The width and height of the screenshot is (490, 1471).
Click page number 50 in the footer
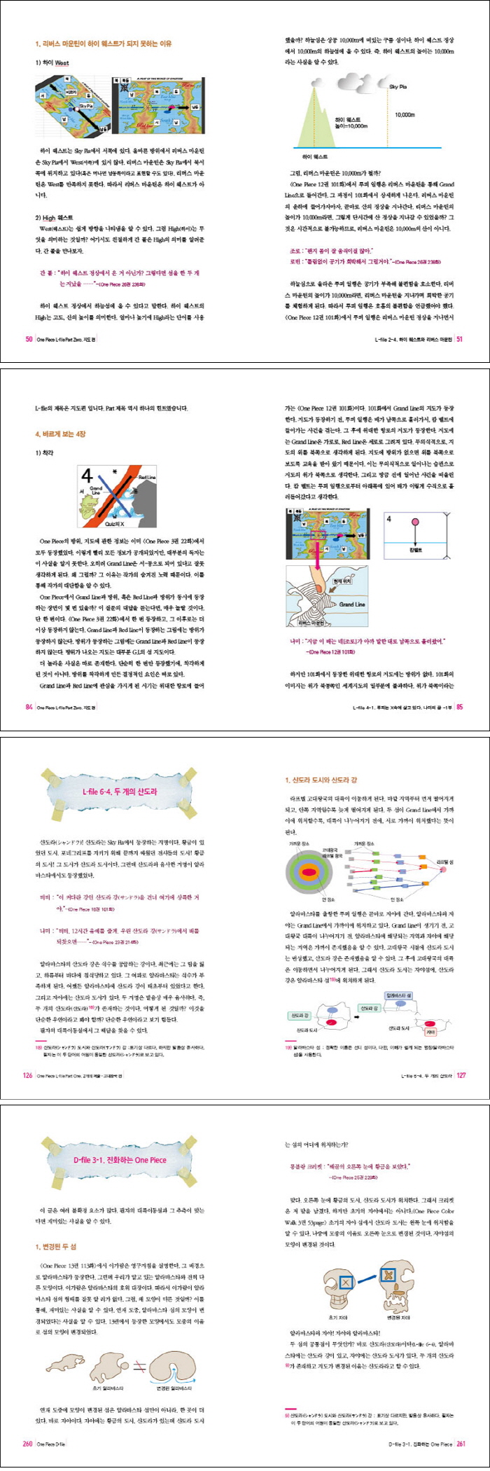pos(29,339)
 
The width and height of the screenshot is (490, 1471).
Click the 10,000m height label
pos(405,114)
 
